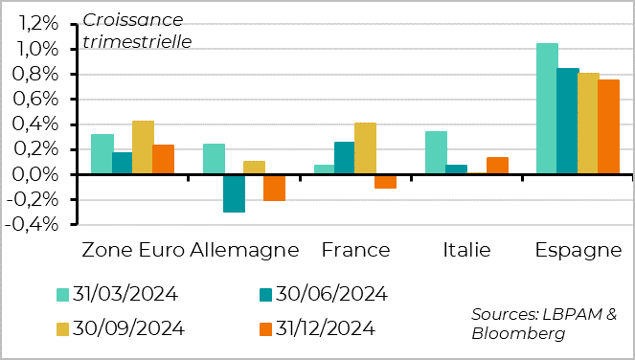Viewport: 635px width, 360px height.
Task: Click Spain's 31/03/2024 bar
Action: pyautogui.click(x=547, y=108)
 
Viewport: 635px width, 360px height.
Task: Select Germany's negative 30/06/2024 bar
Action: pyautogui.click(x=235, y=192)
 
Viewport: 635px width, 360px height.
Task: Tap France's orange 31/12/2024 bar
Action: pyautogui.click(x=385, y=181)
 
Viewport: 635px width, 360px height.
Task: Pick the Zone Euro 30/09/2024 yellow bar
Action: pyautogui.click(x=143, y=147)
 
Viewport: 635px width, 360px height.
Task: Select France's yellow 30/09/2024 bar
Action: pyautogui.click(x=365, y=148)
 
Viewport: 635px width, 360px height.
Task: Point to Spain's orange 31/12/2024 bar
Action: pyautogui.click(x=609, y=126)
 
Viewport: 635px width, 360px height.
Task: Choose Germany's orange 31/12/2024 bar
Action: pyautogui.click(x=275, y=188)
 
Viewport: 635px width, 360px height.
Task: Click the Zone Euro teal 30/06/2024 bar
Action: pyautogui.click(x=123, y=163)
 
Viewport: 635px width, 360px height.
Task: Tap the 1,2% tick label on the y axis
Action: pyautogui.click(x=40, y=24)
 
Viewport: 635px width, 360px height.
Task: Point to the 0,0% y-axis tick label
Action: pyautogui.click(x=40, y=174)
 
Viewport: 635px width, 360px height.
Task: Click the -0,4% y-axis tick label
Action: pyautogui.click(x=37, y=224)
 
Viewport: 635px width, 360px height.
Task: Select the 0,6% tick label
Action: pyautogui.click(x=40, y=100)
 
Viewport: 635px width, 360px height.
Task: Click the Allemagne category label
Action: pyautogui.click(x=244, y=251)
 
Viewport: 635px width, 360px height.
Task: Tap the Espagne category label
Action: pyautogui.click(x=578, y=251)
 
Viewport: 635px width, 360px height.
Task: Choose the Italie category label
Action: pyautogui.click(x=466, y=251)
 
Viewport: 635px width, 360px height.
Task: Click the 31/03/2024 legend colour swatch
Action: pyautogui.click(x=62, y=294)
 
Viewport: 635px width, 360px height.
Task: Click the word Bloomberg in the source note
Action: pyautogui.click(x=518, y=333)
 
